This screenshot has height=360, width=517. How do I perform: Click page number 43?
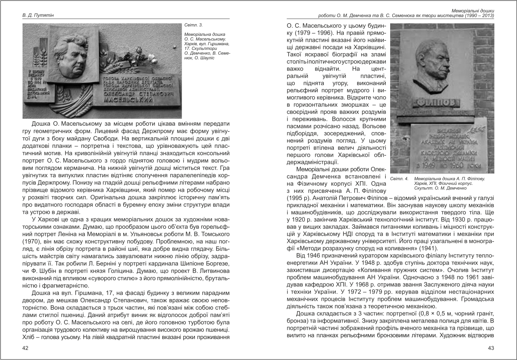491,348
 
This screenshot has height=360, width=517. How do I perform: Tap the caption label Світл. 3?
190,25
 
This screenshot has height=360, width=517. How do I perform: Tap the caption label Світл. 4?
399,178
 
